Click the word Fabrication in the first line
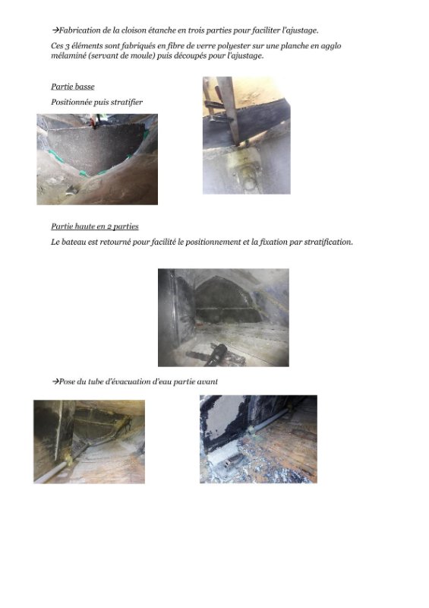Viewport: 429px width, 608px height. pos(80,30)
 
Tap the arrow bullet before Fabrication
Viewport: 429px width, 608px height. pos(55,30)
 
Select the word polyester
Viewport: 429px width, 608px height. pos(234,46)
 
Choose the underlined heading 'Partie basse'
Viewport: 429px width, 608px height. pos(73,87)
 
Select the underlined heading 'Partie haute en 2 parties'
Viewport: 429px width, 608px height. pos(95,226)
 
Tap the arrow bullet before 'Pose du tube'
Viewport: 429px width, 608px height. pos(55,382)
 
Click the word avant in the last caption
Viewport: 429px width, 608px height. pos(207,382)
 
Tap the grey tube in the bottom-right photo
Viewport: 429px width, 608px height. pos(268,421)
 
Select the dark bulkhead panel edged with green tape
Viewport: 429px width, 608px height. pos(95,147)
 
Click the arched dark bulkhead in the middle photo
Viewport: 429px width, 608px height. pos(226,300)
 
